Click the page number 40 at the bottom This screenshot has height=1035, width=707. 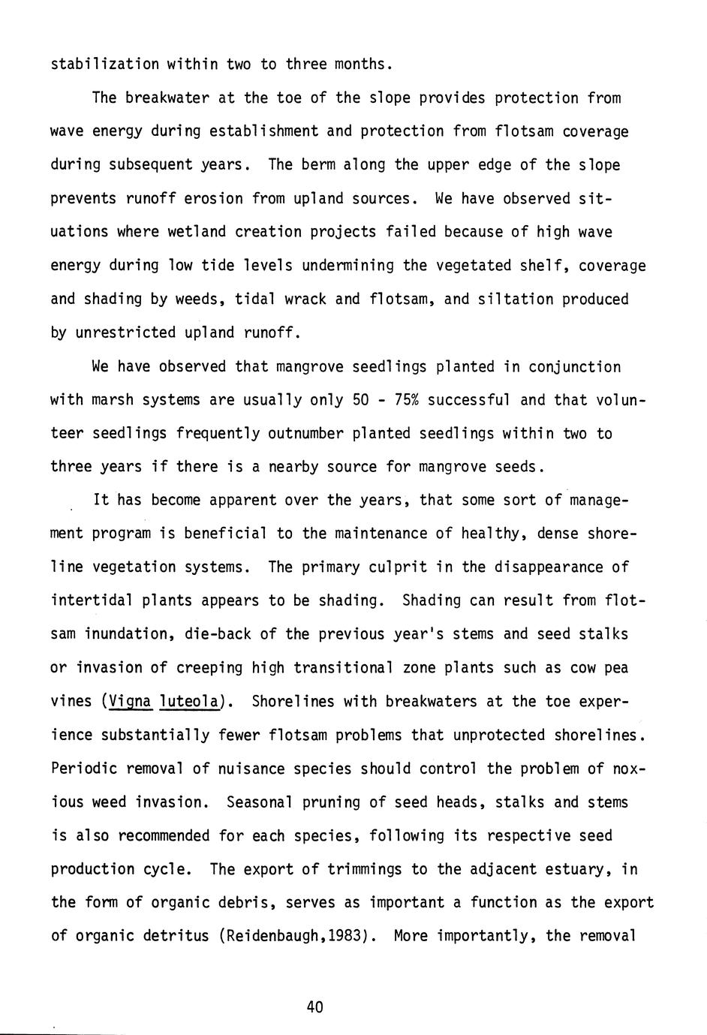tap(314, 1006)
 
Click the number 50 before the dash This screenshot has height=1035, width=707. tap(361, 399)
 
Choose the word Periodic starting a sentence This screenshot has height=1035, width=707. tap(83, 769)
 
